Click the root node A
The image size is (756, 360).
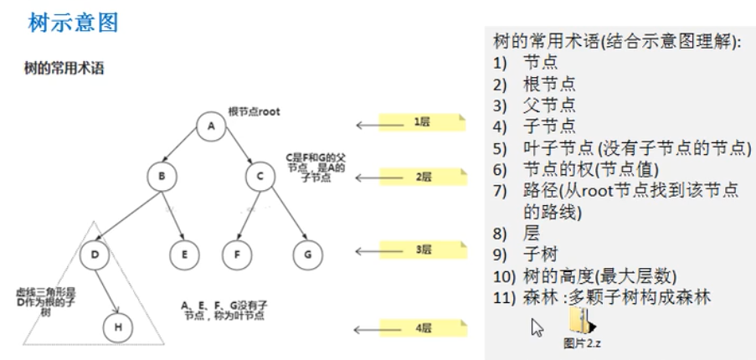(212, 126)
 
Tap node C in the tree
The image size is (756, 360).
(261, 176)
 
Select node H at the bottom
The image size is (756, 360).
(118, 327)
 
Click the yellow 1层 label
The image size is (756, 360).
(421, 122)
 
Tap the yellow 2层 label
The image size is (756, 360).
(421, 177)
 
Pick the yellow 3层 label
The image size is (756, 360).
(421, 249)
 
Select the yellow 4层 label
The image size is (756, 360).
(421, 327)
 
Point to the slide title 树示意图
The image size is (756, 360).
(74, 23)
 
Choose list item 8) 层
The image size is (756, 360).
(531, 233)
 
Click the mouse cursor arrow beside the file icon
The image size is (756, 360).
(537, 327)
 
